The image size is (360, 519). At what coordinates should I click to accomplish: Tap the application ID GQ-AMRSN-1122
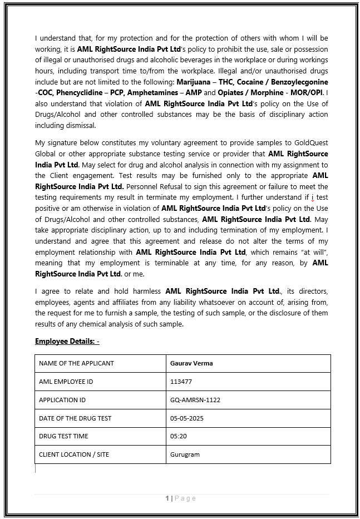tap(195, 400)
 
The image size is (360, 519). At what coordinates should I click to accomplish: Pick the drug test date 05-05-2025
tap(187, 418)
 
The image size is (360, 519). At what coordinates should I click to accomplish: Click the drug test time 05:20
tap(179, 436)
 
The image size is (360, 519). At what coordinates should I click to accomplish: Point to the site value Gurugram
tap(185, 454)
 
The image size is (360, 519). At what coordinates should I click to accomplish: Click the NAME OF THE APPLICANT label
tap(76, 363)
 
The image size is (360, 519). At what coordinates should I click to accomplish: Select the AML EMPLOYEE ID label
tap(66, 382)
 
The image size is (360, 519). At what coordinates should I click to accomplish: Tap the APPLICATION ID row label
tap(62, 400)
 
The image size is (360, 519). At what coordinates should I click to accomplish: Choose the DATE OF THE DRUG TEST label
tap(75, 418)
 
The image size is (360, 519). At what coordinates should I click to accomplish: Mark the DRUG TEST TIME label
tap(63, 436)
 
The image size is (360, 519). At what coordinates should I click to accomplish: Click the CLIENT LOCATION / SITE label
tap(74, 454)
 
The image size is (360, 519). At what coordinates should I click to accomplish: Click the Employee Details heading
tap(67, 341)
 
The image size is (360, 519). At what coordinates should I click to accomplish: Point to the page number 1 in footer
tap(167, 498)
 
